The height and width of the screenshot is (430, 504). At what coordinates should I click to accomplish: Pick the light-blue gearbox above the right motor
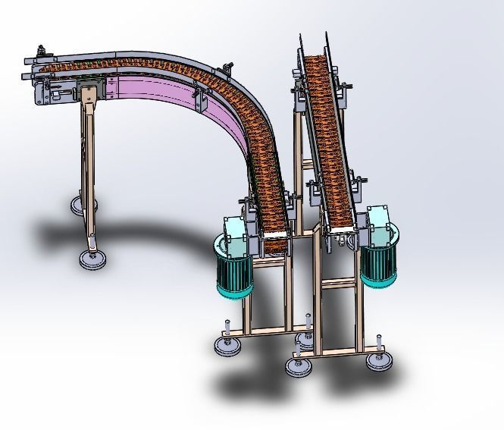pyautogui.click(x=379, y=221)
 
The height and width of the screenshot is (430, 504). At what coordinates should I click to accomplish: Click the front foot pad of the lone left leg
pyautogui.click(x=93, y=259)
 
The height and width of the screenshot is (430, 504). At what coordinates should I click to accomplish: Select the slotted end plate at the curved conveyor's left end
pyautogui.click(x=40, y=89)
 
